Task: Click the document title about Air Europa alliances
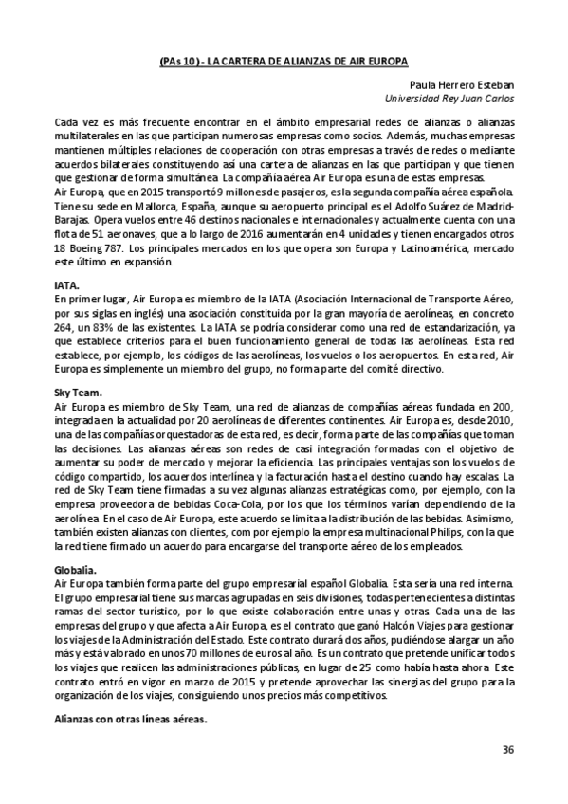tap(284, 60)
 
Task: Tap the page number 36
tap(507, 750)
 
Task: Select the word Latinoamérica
tap(406, 243)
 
